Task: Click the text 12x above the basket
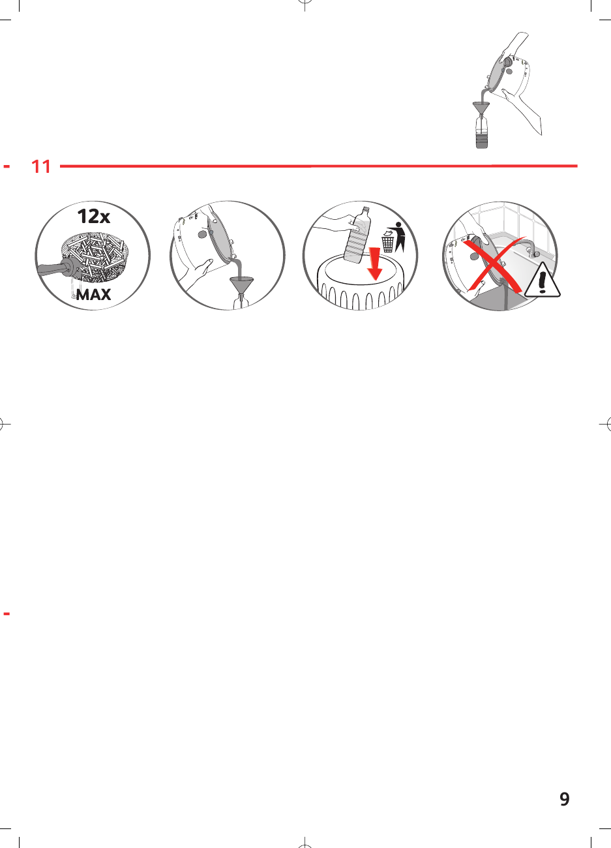94,217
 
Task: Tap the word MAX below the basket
93,295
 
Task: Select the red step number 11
41,167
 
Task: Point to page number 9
565,799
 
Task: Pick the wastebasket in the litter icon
388,243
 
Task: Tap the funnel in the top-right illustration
481,107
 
